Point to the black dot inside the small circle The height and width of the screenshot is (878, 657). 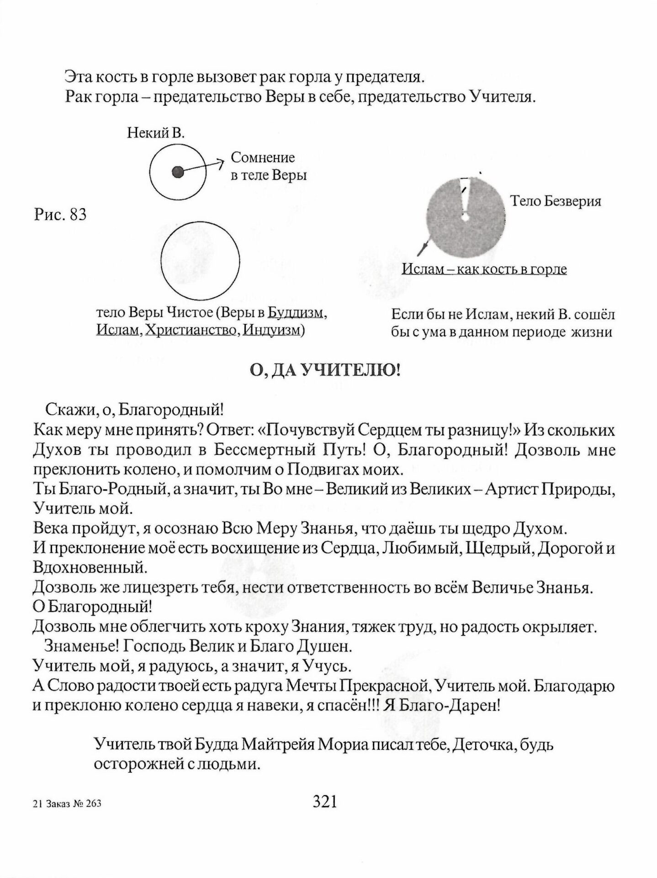pyautogui.click(x=178, y=172)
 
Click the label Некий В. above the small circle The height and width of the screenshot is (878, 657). pyautogui.click(x=156, y=134)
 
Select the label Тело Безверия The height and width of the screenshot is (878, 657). pyautogui.click(x=555, y=201)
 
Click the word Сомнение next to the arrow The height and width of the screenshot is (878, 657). pyautogui.click(x=263, y=158)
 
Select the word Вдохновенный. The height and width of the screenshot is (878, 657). pyautogui.click(x=90, y=567)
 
